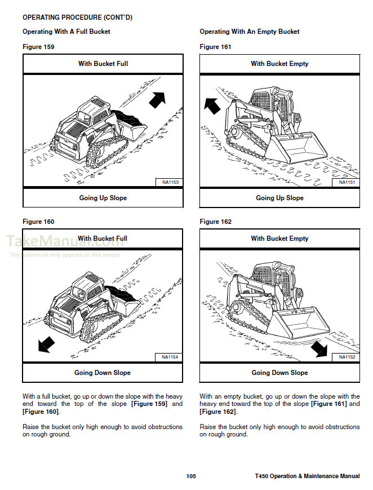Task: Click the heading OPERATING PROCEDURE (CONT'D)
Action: pyautogui.click(x=77, y=17)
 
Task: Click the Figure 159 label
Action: pyautogui.click(x=38, y=47)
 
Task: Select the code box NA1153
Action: pyautogui.click(x=170, y=182)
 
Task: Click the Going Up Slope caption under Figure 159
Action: pyautogui.click(x=103, y=198)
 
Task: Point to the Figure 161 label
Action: pyautogui.click(x=215, y=47)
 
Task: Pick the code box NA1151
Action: pyautogui.click(x=347, y=182)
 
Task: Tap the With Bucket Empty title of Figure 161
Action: pyautogui.click(x=279, y=64)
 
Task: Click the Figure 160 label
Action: pyautogui.click(x=38, y=222)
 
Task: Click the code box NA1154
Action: pyautogui.click(x=170, y=357)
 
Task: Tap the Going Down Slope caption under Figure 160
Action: pyautogui.click(x=103, y=373)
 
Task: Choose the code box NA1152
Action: pyautogui.click(x=347, y=357)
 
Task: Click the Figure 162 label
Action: pyautogui.click(x=215, y=222)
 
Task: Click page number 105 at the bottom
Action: pyautogui.click(x=191, y=476)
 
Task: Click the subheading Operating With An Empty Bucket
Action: pyautogui.click(x=250, y=32)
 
